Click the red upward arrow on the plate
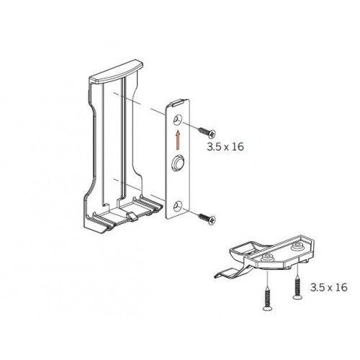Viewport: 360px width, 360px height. pos(178,140)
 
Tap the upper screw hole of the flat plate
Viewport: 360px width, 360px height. pos(178,120)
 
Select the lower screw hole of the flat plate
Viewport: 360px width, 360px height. pos(178,207)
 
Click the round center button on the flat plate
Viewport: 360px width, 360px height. pos(178,163)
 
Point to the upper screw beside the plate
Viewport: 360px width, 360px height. pos(207,132)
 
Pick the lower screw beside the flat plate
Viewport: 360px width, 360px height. pos(207,219)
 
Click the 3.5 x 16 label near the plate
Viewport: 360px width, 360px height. pos(225,147)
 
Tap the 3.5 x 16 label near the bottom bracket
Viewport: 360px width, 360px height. pos(329,287)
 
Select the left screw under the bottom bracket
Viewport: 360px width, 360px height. pos(266,300)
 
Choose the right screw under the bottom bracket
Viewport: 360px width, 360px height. pos(297,289)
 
